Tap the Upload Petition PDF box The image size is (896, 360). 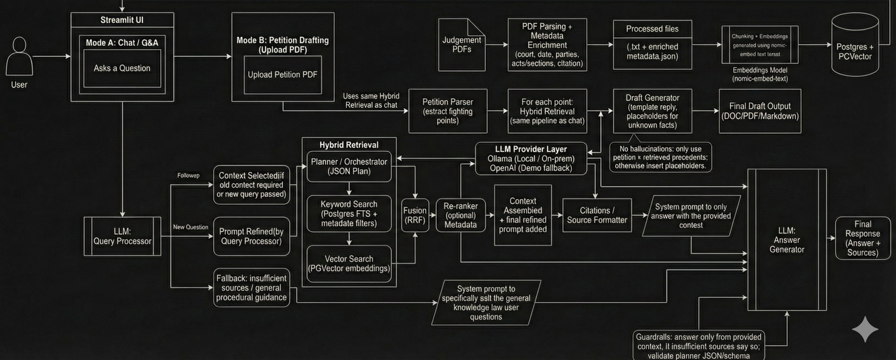point(282,75)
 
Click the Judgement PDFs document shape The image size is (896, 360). point(461,45)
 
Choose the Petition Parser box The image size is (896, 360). point(448,111)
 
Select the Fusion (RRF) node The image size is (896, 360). point(415,215)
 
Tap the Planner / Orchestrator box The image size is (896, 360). point(349,166)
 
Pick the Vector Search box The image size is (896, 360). point(349,263)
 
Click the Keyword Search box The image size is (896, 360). point(349,213)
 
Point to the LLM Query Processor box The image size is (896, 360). point(122,236)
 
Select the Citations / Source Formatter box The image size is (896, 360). point(597,215)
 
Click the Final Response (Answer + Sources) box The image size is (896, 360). point(863,238)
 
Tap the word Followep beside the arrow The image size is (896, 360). point(188,175)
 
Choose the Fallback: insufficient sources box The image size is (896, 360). point(251,288)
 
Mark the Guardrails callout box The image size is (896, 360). point(698,346)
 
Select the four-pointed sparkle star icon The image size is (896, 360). point(865,329)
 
